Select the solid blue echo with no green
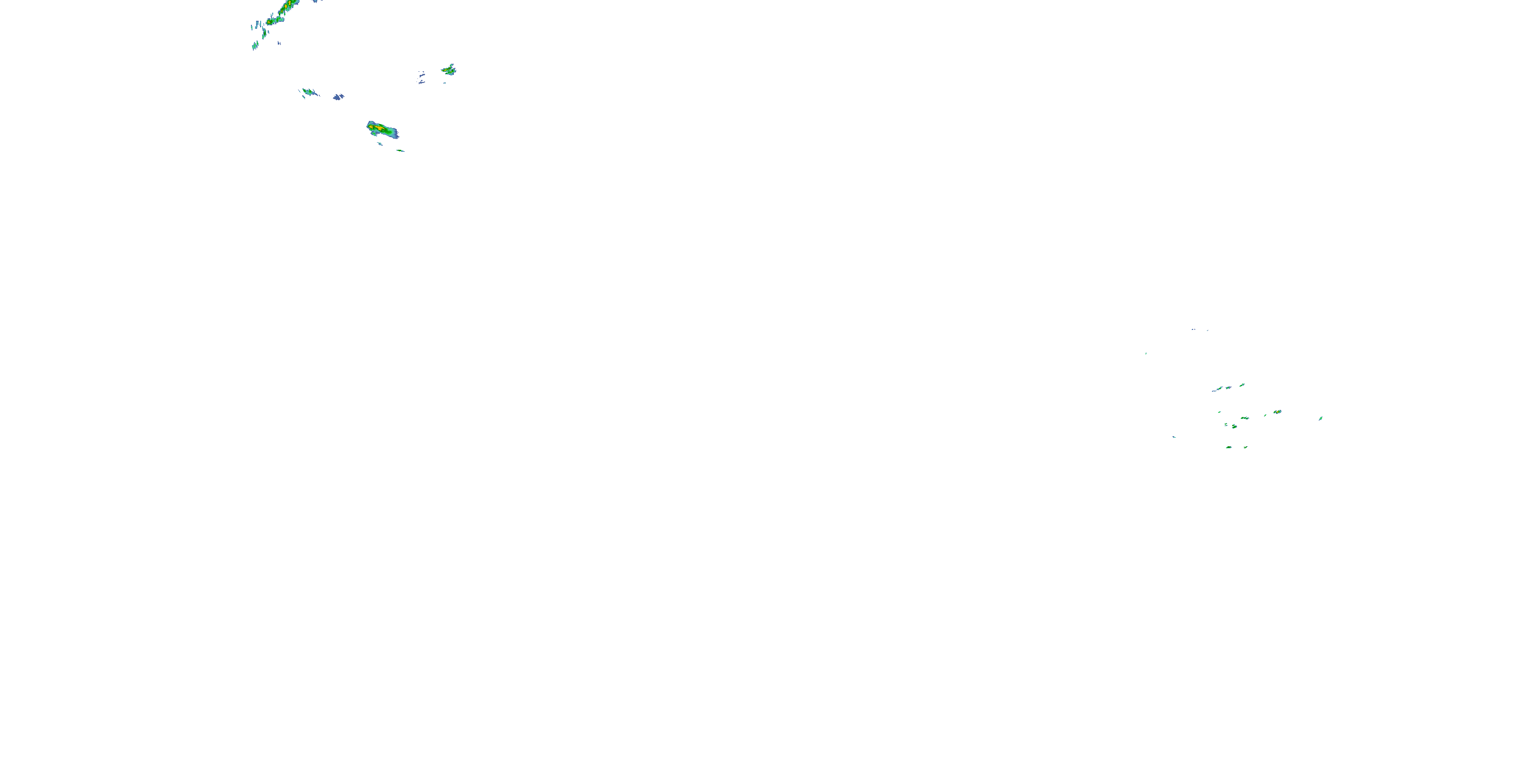point(338,97)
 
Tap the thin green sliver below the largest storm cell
point(401,151)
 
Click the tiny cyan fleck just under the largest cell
point(379,143)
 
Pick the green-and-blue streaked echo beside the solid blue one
point(309,93)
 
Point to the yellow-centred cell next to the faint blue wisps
point(449,71)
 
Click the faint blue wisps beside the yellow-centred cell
point(421,78)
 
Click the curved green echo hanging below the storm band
point(264,34)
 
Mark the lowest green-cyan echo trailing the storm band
point(255,46)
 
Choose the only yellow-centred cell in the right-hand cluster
point(1277,412)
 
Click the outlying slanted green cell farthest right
point(1321,418)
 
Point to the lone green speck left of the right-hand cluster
point(1146,354)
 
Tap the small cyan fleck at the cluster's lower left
point(1174,437)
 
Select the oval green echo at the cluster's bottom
point(1229,447)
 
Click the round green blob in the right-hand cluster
point(1234,426)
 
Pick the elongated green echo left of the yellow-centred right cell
point(1245,418)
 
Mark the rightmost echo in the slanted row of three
point(1242,385)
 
